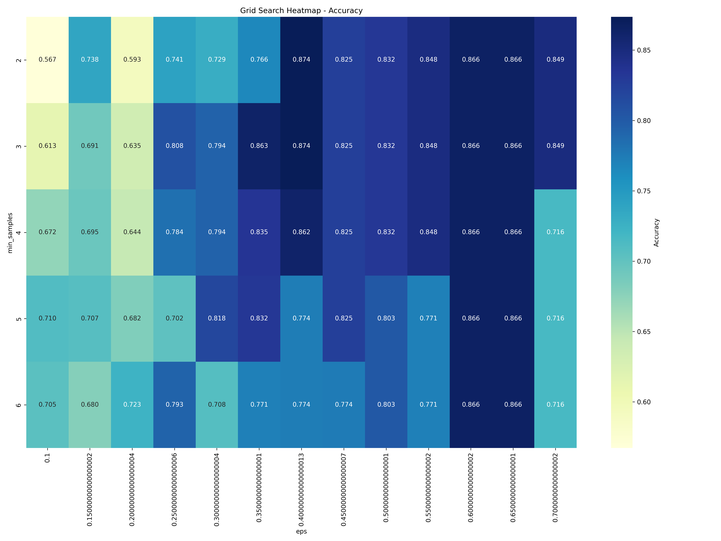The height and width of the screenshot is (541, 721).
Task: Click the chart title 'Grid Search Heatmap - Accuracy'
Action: click(x=301, y=10)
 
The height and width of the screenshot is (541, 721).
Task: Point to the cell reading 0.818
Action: click(x=217, y=318)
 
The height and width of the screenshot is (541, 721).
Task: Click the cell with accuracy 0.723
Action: click(x=132, y=404)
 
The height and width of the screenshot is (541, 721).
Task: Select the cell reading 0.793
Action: click(x=174, y=404)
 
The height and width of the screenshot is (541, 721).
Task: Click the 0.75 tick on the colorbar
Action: click(x=643, y=191)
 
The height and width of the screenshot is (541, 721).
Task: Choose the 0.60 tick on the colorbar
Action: click(x=643, y=402)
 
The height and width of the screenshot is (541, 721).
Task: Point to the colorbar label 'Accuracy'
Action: click(x=656, y=232)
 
